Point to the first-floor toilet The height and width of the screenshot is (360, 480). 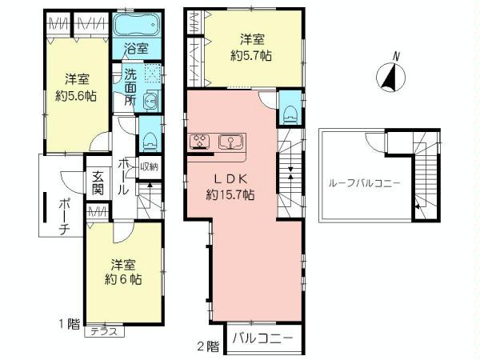[x=148, y=138]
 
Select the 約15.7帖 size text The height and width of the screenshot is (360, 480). [x=230, y=194]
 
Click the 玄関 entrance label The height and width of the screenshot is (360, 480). [x=98, y=184]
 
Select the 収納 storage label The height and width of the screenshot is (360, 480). [x=149, y=167]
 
